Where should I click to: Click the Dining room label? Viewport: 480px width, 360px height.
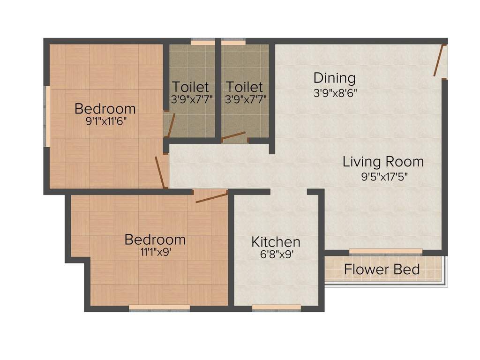click(334, 77)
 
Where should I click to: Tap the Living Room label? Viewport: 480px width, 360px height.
click(383, 162)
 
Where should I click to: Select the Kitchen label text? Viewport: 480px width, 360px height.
click(276, 242)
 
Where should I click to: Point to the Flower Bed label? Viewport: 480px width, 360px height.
click(382, 270)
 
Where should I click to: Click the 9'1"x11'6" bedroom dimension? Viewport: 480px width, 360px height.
click(105, 120)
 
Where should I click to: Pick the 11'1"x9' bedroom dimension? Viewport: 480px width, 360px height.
click(155, 251)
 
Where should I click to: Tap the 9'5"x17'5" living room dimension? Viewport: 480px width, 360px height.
click(383, 177)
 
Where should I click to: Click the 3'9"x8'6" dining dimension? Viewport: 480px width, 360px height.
click(335, 93)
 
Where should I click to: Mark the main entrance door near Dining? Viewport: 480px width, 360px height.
click(439, 60)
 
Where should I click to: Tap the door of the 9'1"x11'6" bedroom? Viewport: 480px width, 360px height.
click(161, 172)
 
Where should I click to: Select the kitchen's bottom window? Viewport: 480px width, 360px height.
click(276, 307)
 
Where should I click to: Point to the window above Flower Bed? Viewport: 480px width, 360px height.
click(386, 252)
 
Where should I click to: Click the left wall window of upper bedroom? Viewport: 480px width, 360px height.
click(46, 115)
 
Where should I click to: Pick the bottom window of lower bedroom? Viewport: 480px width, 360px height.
click(159, 307)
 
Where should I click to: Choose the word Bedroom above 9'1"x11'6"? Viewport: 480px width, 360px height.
click(105, 109)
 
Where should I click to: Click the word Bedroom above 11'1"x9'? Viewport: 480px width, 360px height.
click(155, 240)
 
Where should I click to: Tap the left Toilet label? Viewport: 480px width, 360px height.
click(190, 87)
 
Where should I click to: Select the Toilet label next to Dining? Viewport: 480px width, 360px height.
click(244, 87)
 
